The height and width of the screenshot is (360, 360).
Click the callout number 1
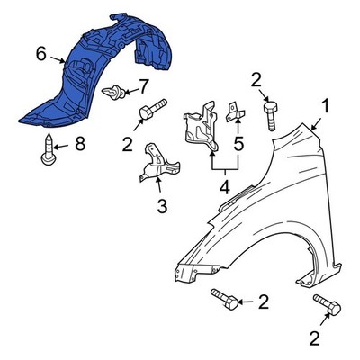click(325, 107)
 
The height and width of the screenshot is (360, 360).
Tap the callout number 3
click(162, 205)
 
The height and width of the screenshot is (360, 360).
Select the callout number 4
click(225, 186)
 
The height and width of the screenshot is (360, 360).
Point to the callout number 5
click(238, 144)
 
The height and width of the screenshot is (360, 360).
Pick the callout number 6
click(41, 54)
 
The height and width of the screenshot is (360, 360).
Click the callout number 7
click(142, 86)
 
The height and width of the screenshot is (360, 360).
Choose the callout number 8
click(80, 144)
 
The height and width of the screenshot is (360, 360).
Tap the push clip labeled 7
click(113, 92)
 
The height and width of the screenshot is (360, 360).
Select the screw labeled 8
click(48, 150)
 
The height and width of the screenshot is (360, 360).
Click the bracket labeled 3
click(159, 163)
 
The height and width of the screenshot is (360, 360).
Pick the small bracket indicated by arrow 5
click(235, 112)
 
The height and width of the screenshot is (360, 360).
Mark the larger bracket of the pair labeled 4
click(201, 126)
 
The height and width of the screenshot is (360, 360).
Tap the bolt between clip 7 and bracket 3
click(152, 109)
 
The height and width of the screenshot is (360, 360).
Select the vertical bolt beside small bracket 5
click(270, 116)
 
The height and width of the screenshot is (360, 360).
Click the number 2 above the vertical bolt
click(256, 79)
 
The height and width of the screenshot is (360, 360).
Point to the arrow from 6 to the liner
click(58, 59)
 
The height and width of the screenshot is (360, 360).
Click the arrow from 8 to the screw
click(61, 147)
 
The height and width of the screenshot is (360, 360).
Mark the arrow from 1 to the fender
click(317, 124)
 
